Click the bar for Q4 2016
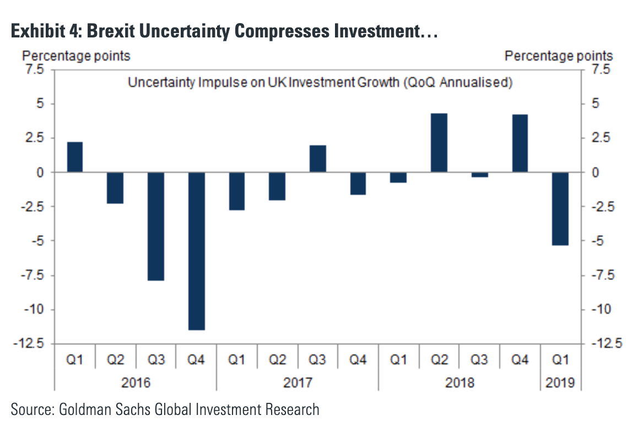[x=196, y=251]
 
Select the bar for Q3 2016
[x=156, y=226]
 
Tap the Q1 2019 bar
[x=560, y=209]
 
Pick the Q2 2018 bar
[x=439, y=143]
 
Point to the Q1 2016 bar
[x=75, y=157]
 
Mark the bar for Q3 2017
[x=317, y=159]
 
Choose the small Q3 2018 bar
[x=479, y=174]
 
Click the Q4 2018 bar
[x=520, y=143]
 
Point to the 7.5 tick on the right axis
[x=600, y=70]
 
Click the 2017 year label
[x=298, y=383]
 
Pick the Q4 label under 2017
[x=358, y=360]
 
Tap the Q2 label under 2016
[x=115, y=360]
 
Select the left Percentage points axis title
[x=76, y=56]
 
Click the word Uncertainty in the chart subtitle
[x=156, y=83]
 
